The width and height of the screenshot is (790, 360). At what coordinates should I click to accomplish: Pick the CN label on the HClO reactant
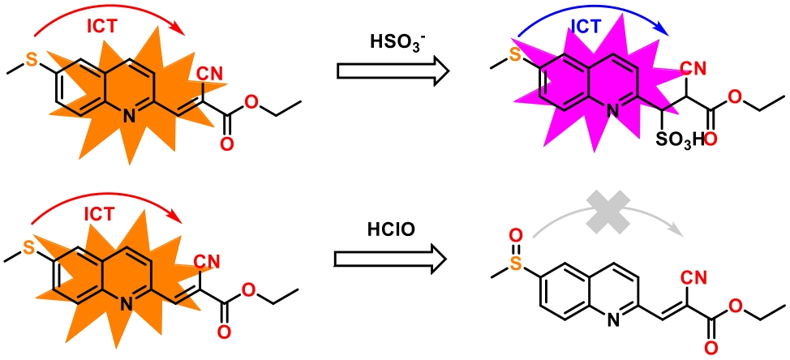[x=208, y=261]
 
